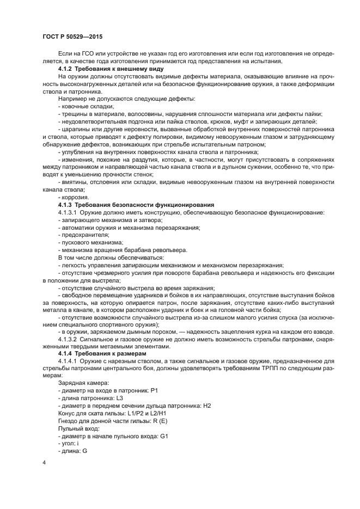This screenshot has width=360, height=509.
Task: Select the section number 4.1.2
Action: (x=68, y=70)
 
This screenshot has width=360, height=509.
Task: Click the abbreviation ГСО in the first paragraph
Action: (x=91, y=55)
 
